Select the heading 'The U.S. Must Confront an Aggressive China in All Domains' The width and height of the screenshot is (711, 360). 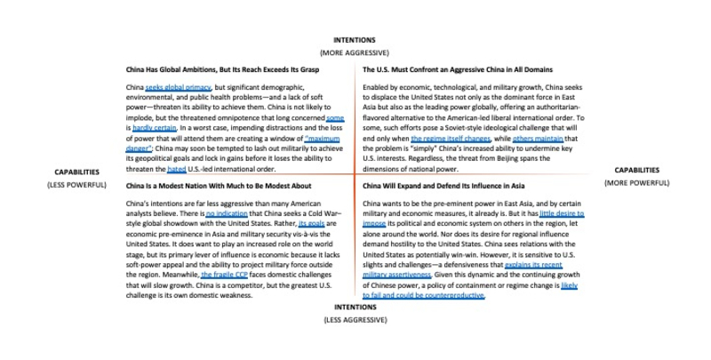pos(458,68)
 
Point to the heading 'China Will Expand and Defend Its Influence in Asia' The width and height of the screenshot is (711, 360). pos(444,187)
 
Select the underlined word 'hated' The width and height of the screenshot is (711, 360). pos(177,169)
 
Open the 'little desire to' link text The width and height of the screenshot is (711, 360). pos(561,214)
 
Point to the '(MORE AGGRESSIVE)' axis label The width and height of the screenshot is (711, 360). pos(355,52)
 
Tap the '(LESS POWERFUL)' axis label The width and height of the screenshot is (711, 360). pos(76,185)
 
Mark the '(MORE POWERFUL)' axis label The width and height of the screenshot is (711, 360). pos(636,182)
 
